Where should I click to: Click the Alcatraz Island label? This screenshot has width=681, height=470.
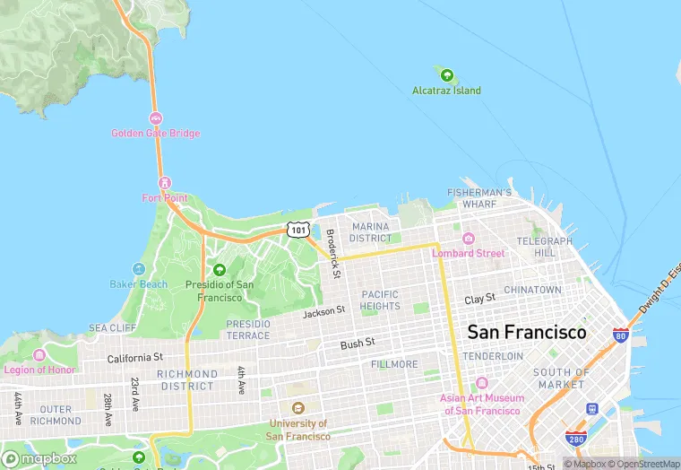(446, 91)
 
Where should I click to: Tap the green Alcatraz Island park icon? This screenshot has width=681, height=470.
(446, 75)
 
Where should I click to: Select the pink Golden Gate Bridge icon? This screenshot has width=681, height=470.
(156, 118)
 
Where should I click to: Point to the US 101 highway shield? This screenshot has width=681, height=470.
(298, 231)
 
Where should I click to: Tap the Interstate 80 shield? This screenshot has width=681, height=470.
(620, 335)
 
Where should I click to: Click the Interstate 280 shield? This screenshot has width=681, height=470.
(576, 439)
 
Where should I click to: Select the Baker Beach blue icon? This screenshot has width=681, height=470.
(138, 269)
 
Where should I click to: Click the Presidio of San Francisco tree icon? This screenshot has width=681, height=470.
(220, 269)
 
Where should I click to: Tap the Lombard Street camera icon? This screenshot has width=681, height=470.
(468, 239)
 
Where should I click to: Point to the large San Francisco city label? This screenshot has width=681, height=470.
(527, 332)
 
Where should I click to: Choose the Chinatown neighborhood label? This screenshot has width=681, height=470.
(532, 290)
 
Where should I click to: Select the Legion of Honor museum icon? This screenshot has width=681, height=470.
(39, 355)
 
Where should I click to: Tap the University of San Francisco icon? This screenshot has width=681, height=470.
(297, 408)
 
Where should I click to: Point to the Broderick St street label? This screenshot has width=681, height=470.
(332, 254)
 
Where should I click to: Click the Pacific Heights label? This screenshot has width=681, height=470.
(381, 300)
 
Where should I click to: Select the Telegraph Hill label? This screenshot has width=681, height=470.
(544, 247)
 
